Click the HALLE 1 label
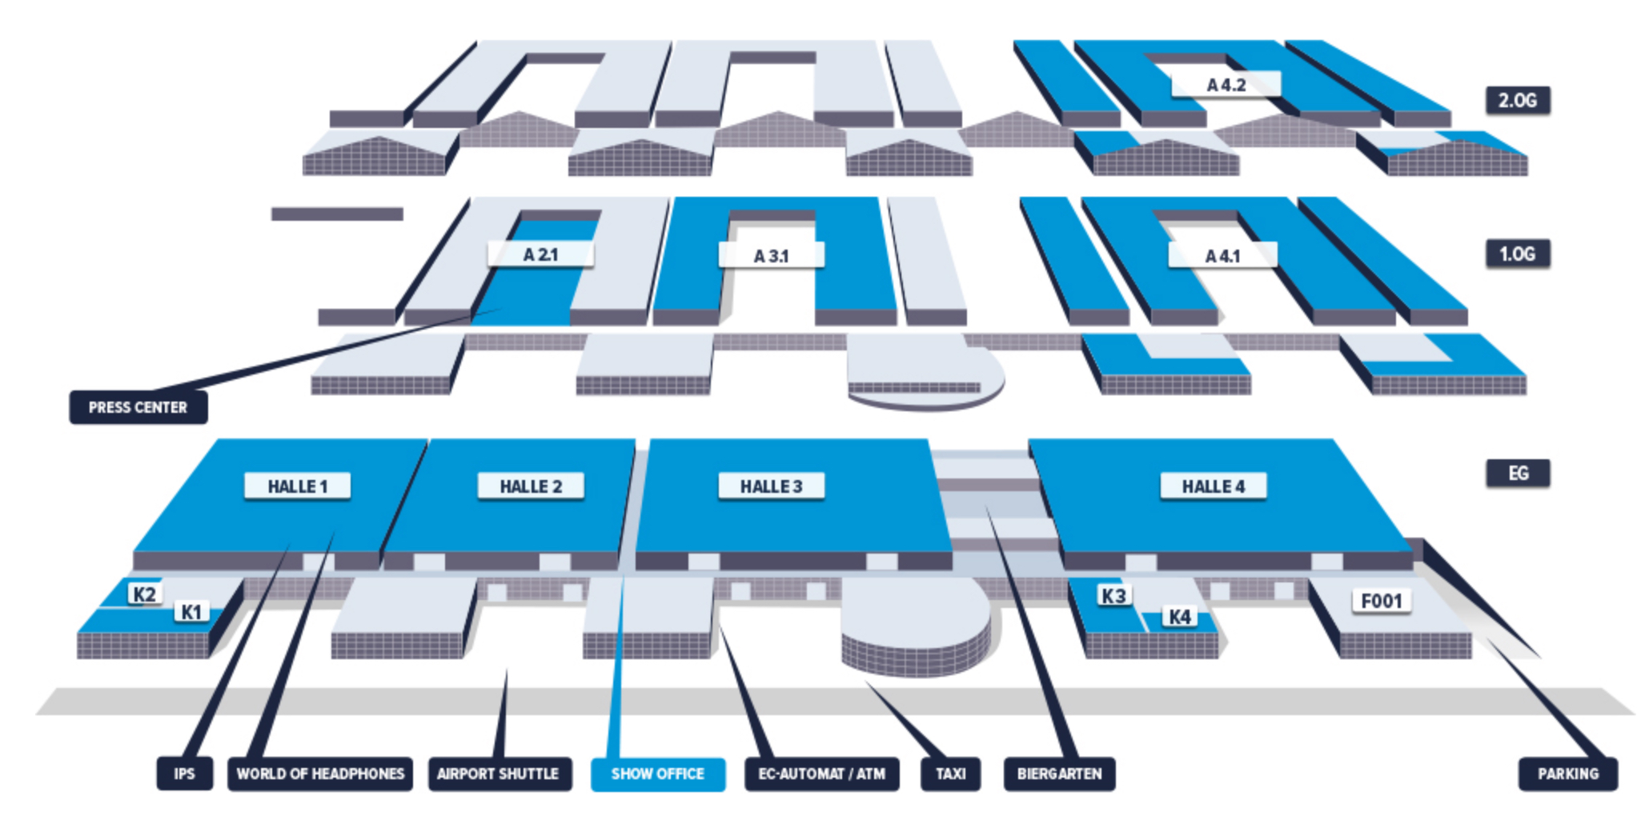[297, 486]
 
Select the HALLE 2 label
[530, 486]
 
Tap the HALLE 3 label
[771, 486]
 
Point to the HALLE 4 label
[1213, 486]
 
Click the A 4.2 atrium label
[1226, 85]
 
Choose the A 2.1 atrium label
[540, 254]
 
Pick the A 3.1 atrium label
[771, 256]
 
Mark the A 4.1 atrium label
[1222, 256]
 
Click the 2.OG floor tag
[1518, 101]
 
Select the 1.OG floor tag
[1518, 254]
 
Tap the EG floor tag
[1518, 473]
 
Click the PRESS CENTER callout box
[138, 407]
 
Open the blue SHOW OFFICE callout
[657, 774]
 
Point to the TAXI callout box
[950, 774]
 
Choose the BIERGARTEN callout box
[1059, 774]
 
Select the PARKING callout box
[1567, 774]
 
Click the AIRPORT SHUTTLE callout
[498, 774]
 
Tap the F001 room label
[1382, 601]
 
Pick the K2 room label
[144, 594]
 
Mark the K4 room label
[1179, 617]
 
